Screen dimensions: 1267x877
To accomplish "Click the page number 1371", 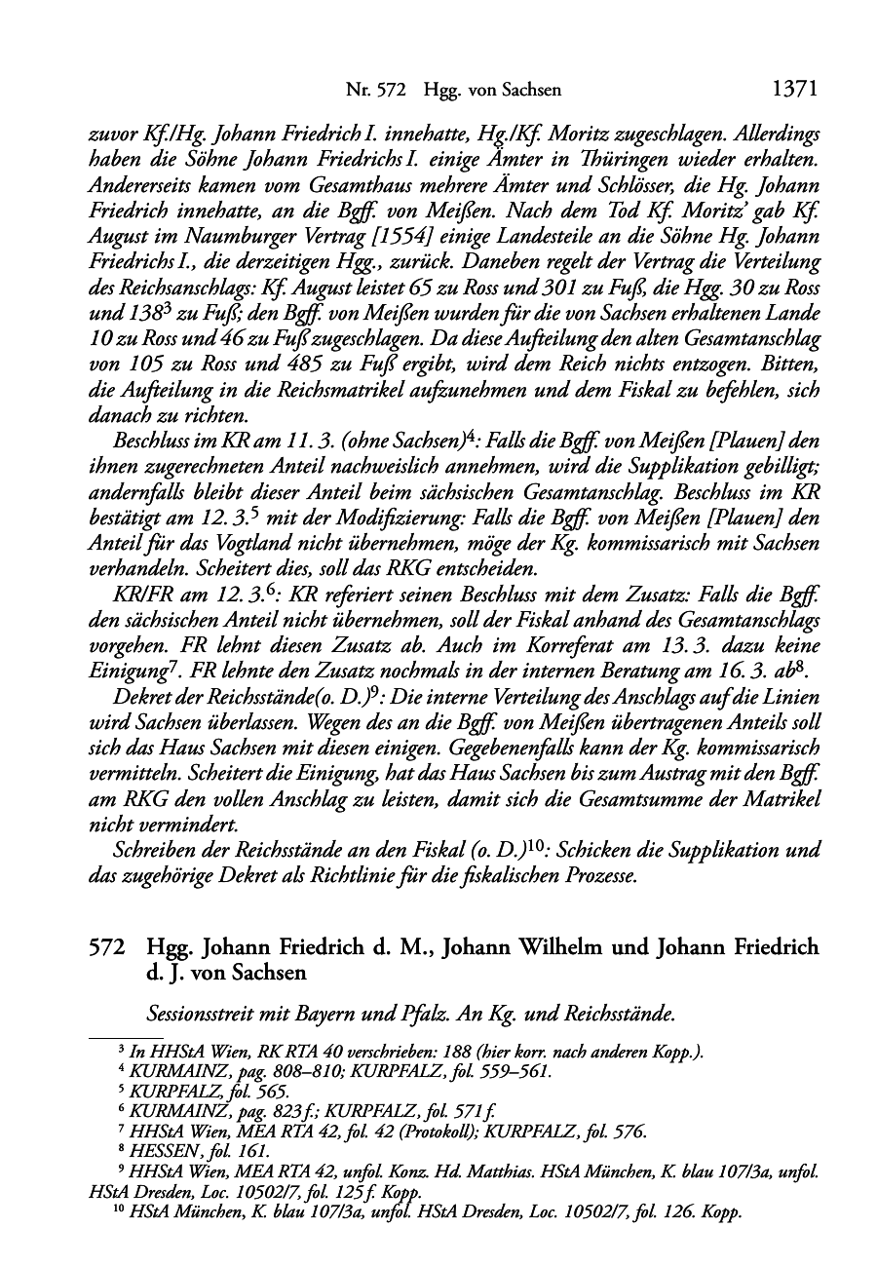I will pyautogui.click(x=793, y=90).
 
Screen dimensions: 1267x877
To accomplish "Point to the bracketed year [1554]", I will pyautogui.click(x=381, y=237).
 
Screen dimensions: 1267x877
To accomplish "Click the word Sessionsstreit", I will pyautogui.click(x=198, y=1015).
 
